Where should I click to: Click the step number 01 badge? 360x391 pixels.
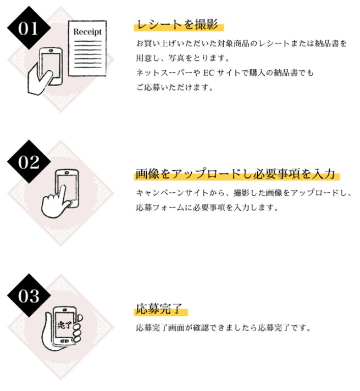tap(29, 27)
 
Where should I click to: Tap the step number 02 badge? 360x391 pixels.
tap(29, 161)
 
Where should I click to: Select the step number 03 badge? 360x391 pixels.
tap(29, 295)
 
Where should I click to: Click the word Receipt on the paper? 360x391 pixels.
tap(87, 32)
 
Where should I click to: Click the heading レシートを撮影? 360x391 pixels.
tap(178, 25)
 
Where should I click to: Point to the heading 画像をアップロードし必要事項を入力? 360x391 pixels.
tap(235, 174)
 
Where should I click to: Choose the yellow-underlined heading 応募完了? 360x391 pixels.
tap(159, 309)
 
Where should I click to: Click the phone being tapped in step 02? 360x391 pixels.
tap(68, 187)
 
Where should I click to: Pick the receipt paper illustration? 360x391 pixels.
tap(87, 48)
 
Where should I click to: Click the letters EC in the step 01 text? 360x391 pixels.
tap(209, 72)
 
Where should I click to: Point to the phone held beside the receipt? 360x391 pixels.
tap(52, 65)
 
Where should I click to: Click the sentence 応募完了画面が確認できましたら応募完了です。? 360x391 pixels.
tap(224, 327)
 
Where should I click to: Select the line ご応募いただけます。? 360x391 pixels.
tap(175, 87)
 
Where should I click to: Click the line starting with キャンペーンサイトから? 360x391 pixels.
tap(243, 193)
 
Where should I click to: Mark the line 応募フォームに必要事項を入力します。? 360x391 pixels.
tap(207, 208)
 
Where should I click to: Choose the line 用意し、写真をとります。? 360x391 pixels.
tap(182, 58)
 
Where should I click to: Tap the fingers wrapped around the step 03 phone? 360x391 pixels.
tap(77, 328)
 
